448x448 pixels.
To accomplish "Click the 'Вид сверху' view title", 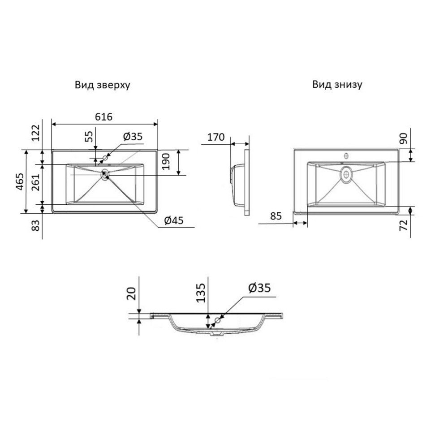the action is (x=103, y=85).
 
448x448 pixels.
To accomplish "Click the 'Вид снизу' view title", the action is (x=337, y=85).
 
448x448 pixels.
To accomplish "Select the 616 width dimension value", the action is (x=104, y=116).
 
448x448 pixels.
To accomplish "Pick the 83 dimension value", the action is (x=35, y=225).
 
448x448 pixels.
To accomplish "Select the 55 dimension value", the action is (x=89, y=136).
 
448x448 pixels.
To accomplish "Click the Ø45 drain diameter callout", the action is (x=174, y=220).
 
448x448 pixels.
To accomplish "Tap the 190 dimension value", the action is (x=166, y=161).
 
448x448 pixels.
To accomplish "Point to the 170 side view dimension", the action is (x=216, y=137).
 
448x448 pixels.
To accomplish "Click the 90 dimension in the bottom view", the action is (x=403, y=138).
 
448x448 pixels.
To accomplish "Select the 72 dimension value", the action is (x=404, y=226).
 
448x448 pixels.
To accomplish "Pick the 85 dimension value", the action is (x=276, y=216).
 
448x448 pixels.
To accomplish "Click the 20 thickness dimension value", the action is (x=131, y=293).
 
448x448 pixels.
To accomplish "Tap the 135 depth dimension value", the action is (x=201, y=293).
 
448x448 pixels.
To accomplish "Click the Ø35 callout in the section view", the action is (x=259, y=288).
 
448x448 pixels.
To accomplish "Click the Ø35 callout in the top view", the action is (x=133, y=137).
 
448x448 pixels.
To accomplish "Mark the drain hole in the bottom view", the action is (x=346, y=174).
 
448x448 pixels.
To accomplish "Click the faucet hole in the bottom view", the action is (x=346, y=156).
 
